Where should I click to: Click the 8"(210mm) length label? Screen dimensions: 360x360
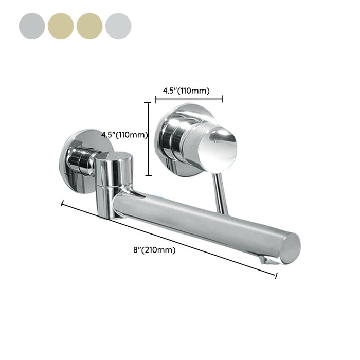point(154,250)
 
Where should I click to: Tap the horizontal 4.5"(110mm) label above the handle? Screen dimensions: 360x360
point(186,91)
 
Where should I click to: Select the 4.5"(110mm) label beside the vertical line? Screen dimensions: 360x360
point(124,135)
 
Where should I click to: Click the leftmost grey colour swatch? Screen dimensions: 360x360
point(32,26)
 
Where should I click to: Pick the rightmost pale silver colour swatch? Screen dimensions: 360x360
point(118,26)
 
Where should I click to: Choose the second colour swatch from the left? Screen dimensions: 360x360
point(61,26)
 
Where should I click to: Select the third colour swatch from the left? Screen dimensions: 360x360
point(89,26)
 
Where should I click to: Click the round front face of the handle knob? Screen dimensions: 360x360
point(218,150)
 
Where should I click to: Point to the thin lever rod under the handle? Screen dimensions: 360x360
point(221,194)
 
